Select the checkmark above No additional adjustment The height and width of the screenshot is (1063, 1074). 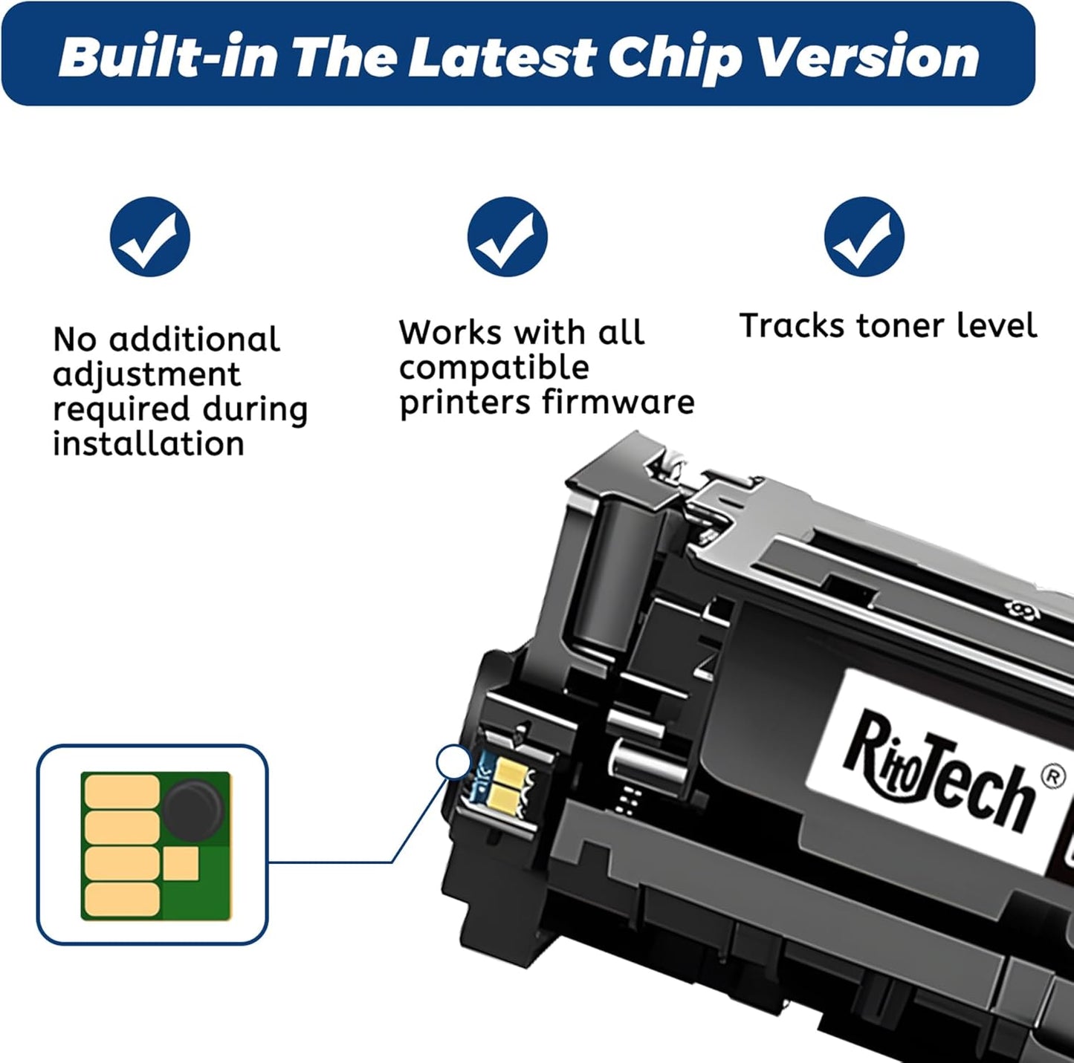150,237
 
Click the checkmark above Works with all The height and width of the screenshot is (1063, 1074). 507,237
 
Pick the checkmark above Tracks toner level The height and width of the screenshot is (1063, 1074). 864,237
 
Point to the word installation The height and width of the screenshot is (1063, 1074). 149,444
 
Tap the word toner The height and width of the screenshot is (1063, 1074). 900,326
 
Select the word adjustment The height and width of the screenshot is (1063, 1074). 147,374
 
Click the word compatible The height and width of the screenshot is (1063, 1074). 494,368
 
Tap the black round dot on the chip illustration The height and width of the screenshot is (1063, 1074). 193,809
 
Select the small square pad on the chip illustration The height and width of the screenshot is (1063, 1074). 181,864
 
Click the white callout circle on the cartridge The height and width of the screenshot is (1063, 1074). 453,762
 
